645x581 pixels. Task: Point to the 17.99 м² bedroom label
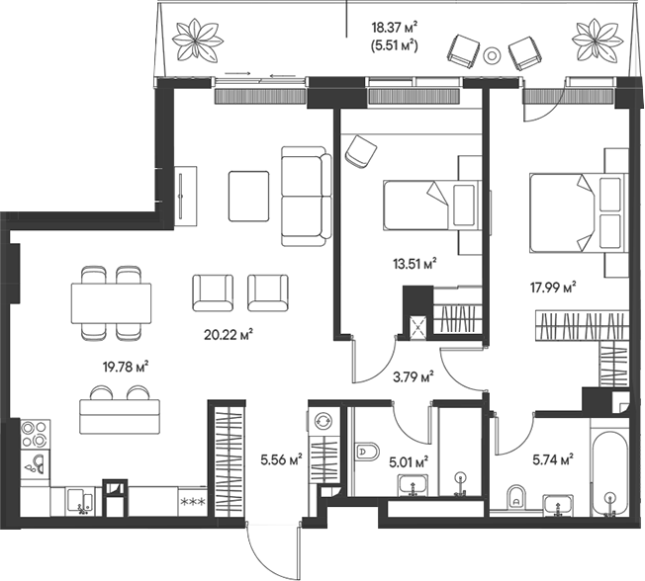[553, 288]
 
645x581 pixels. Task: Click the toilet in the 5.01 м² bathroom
[365, 453]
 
